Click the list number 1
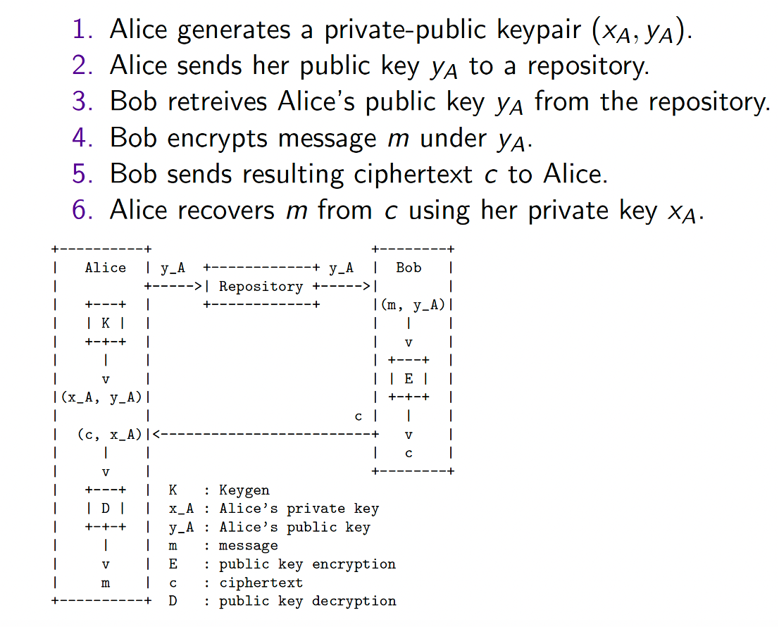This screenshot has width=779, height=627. [x=82, y=30]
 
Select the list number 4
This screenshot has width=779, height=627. [x=82, y=137]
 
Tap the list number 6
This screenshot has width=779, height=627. [x=82, y=210]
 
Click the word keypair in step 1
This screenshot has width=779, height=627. [x=539, y=30]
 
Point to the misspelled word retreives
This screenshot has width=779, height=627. [x=218, y=101]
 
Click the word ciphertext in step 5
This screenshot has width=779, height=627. [x=413, y=175]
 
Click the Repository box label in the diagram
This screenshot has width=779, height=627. [x=261, y=287]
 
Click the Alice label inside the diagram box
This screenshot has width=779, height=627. [x=106, y=268]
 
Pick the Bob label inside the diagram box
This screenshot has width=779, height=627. [x=409, y=268]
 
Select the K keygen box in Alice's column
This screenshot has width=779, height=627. [x=106, y=323]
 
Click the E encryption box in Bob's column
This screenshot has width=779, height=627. [x=409, y=378]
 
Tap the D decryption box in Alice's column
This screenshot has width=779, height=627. [x=106, y=508]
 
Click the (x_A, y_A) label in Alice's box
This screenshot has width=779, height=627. [x=101, y=397]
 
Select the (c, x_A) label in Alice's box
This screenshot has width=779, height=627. [x=110, y=435]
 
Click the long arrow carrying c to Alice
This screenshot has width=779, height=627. [x=266, y=435]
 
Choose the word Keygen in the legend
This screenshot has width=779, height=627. [x=244, y=490]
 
